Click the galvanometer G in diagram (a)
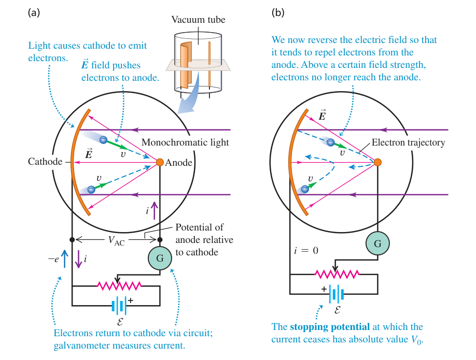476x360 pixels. (160, 258)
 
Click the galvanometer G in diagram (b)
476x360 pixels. (377, 243)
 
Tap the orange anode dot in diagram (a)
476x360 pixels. (160, 162)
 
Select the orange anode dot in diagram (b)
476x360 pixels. (377, 162)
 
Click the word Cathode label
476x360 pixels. (45, 161)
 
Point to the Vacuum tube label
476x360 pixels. (198, 20)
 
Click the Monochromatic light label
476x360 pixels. (185, 142)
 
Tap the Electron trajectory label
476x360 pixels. (408, 142)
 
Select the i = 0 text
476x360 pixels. (306, 251)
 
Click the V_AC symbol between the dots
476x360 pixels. (116, 240)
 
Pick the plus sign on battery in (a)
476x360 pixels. (131, 300)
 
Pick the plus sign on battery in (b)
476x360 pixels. (324, 289)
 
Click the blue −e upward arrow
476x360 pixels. (64, 258)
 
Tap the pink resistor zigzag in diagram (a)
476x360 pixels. (119, 286)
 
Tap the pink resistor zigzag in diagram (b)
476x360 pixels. (337, 274)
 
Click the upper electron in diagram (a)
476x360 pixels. (104, 140)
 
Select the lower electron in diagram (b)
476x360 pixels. (305, 189)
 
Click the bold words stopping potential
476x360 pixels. (330, 327)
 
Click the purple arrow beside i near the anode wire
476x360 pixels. (155, 210)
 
